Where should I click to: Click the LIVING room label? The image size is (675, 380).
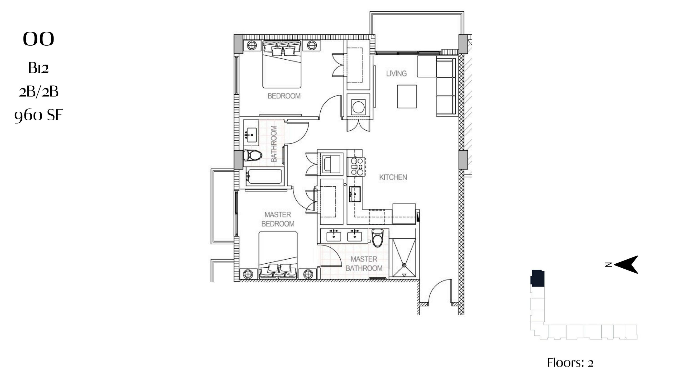[396, 73]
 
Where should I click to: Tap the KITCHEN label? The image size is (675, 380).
[393, 177]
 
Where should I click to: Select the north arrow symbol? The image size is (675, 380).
[625, 264]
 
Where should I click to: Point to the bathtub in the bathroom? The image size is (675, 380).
[264, 176]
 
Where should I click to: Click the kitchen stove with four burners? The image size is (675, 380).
[356, 167]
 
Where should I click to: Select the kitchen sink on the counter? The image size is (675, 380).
[355, 194]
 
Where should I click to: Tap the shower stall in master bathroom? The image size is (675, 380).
[404, 258]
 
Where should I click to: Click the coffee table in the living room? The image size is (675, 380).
[407, 96]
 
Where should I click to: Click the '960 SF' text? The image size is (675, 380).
[38, 116]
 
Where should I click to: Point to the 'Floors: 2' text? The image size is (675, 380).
[570, 363]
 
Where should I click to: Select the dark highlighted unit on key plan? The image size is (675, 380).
[538, 278]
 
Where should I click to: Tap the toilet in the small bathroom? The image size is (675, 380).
[252, 155]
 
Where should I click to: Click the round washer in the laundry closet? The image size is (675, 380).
[358, 107]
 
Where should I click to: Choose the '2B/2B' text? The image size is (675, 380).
[38, 92]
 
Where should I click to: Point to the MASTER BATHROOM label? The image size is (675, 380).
[364, 264]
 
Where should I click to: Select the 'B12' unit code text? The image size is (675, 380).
[38, 68]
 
